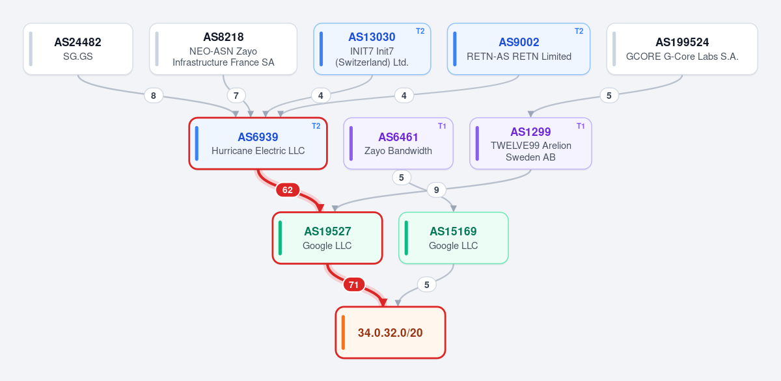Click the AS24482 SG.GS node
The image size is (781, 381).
coord(78,49)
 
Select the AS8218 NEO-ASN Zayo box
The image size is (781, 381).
coord(223,49)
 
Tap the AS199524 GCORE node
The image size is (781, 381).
coord(682,49)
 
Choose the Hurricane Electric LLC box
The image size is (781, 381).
coord(258,144)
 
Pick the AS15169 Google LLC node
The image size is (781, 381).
coord(453,238)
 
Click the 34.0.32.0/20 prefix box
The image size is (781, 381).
coord(390,333)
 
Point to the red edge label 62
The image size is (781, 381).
coord(287,190)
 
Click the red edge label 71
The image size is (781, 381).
coord(353,285)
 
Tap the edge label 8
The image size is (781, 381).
coord(154,96)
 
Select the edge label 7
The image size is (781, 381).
coord(236,96)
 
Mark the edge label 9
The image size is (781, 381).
coord(436,190)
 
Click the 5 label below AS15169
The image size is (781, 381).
coord(426,285)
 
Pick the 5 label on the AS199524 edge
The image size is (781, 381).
coord(609,96)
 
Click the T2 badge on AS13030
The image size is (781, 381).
coord(420,31)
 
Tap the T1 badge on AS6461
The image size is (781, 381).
coord(442,126)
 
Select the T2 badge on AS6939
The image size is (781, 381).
coord(316,126)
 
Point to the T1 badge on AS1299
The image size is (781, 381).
coord(581,126)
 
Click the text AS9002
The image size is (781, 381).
coord(519,42)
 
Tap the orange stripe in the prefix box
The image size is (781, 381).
coord(344,333)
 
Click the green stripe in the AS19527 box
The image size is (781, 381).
coord(281,238)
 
